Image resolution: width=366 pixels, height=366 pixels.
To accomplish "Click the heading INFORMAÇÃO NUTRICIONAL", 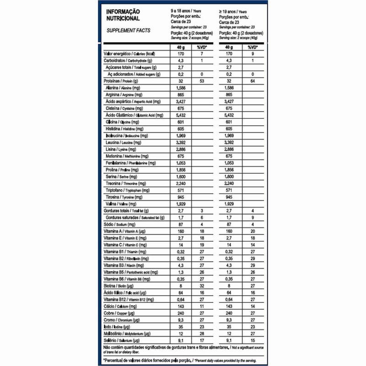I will (x=123, y=15).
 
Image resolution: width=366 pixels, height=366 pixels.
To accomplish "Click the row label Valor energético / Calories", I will (x=130, y=54).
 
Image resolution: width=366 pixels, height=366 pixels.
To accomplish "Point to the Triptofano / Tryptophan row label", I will (x=126, y=190).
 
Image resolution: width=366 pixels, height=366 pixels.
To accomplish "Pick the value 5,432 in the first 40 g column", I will (x=182, y=115).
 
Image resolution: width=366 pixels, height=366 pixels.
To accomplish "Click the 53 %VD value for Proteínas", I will (x=201, y=81).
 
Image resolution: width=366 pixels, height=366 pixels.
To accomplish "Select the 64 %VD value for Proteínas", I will (x=251, y=81).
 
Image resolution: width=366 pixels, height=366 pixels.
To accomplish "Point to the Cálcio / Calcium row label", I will (x=120, y=307).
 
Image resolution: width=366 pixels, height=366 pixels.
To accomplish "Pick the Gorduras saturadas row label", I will (x=135, y=217).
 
